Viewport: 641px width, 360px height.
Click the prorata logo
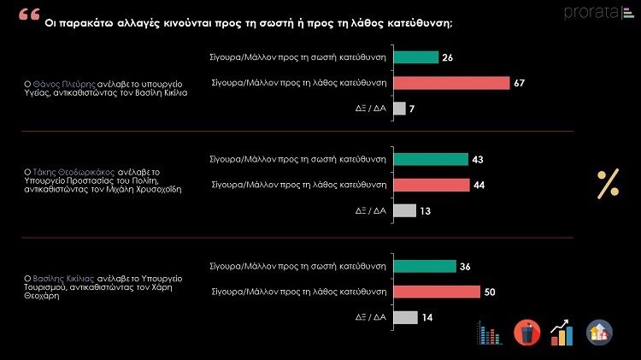pos(593,13)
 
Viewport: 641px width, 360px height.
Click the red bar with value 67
pos(450,83)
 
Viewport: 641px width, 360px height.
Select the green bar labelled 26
pos(415,57)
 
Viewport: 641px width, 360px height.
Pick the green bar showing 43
pos(431,159)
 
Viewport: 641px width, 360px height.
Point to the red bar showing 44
pos(432,185)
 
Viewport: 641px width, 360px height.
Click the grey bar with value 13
pos(405,210)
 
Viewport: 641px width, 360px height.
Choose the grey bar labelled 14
pos(406,317)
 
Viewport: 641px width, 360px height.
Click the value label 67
pos(520,83)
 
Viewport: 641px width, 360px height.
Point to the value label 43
pos(478,159)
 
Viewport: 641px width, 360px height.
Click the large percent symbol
pos(608,182)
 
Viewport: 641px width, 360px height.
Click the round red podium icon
pos(526,332)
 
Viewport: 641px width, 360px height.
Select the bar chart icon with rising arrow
pos(562,332)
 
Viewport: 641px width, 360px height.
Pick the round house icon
pos(599,332)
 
